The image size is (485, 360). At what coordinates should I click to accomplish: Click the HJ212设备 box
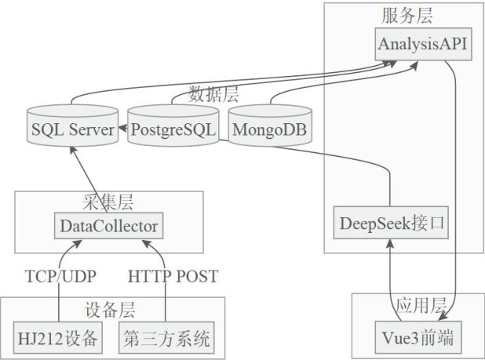tap(59, 339)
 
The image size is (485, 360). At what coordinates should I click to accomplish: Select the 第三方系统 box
tap(166, 339)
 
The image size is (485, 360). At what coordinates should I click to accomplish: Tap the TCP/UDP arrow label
tap(59, 276)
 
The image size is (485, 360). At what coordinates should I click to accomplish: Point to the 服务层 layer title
tap(407, 16)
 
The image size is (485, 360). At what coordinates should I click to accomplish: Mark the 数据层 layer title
tap(214, 95)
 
